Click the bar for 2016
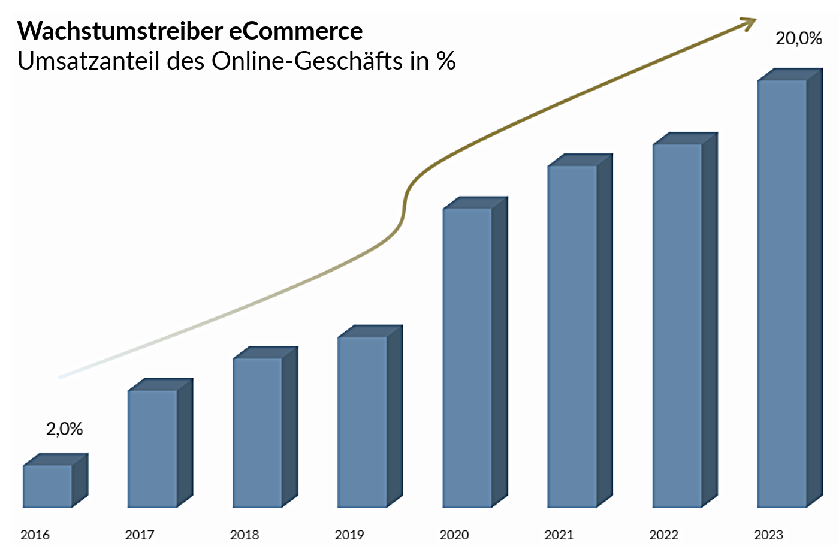pyautogui.click(x=48, y=486)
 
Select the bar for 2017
pyautogui.click(x=152, y=449)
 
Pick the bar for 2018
pyautogui.click(x=257, y=433)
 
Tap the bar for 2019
pyautogui.click(x=362, y=422)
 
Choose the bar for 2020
pyautogui.click(x=467, y=358)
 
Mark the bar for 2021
pyautogui.click(x=572, y=336)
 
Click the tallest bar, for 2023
pyautogui.click(x=781, y=294)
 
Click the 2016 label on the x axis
pyautogui.click(x=35, y=535)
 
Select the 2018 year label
pyautogui.click(x=245, y=535)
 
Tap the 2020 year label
pyautogui.click(x=454, y=535)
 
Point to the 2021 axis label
pyautogui.click(x=559, y=535)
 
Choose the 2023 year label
pyautogui.click(x=768, y=535)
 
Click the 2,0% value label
pyautogui.click(x=64, y=429)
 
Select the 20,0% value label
pyautogui.click(x=798, y=38)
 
